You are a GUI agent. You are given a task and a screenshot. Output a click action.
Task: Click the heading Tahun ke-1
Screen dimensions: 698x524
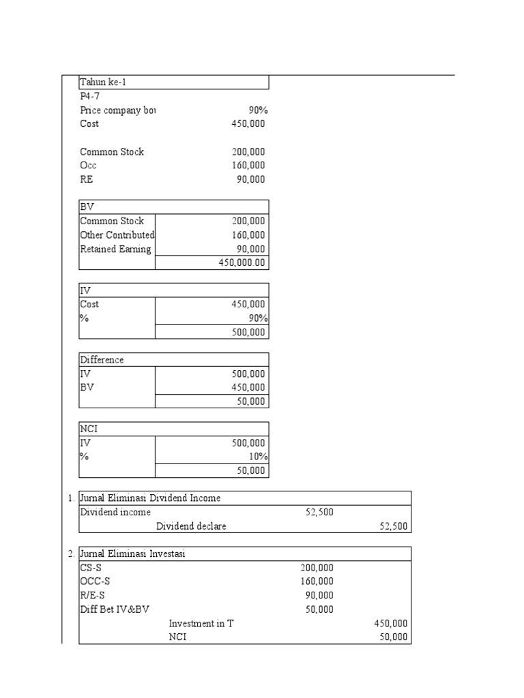coord(103,82)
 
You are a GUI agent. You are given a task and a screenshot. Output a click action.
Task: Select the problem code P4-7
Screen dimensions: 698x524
coord(90,96)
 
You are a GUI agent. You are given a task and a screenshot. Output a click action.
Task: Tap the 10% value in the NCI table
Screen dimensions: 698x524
coord(257,457)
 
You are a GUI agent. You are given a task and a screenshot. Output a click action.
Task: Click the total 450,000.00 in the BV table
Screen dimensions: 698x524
coord(242,263)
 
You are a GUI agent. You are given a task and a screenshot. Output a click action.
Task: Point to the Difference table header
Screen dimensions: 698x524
coord(102,360)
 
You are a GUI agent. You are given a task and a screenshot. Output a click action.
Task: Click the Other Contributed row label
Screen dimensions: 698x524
coord(117,235)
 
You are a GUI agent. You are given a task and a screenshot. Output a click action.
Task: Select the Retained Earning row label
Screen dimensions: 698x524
coord(115,249)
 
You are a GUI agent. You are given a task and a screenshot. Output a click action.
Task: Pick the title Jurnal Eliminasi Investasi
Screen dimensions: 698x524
coord(132,554)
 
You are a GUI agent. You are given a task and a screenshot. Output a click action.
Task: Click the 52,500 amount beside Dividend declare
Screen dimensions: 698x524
coord(393,526)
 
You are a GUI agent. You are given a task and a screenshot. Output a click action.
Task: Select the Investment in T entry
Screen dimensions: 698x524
coord(201,624)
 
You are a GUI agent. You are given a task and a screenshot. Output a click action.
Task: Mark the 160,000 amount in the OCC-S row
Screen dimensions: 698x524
coord(317,581)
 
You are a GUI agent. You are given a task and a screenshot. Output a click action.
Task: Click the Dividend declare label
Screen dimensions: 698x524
coord(191,526)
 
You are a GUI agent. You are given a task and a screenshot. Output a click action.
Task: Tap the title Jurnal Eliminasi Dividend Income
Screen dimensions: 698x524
coord(150,498)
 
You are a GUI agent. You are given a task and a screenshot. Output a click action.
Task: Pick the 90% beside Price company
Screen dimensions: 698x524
coord(257,110)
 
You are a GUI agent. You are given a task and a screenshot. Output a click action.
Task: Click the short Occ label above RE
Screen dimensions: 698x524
coord(88,165)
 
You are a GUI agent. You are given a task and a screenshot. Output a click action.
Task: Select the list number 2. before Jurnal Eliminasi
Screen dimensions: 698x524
coord(71,554)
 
